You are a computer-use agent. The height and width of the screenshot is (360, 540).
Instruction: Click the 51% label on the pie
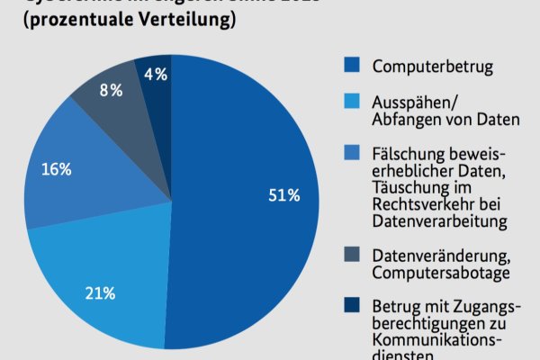[284, 195]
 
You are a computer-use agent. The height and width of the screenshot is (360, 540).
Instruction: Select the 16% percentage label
[56, 168]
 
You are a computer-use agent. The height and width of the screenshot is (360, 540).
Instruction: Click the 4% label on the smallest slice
[156, 75]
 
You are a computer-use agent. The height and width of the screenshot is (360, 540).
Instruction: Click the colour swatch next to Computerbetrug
[352, 65]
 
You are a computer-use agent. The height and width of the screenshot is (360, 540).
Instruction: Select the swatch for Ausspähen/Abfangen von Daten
[352, 103]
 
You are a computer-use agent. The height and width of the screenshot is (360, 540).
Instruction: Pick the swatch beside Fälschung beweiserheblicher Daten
[352, 154]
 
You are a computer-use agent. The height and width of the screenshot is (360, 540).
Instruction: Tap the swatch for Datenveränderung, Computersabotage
[352, 255]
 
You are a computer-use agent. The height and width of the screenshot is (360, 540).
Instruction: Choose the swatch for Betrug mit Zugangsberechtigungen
[352, 306]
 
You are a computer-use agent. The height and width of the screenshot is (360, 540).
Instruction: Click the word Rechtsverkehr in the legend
[419, 202]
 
